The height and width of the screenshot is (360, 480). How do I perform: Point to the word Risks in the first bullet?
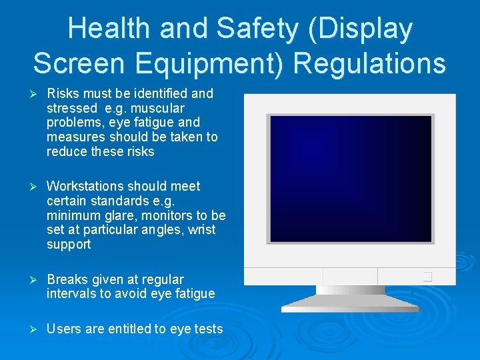63,93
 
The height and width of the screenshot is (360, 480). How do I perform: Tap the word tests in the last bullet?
207,329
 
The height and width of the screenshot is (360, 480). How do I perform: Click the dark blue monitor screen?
349,178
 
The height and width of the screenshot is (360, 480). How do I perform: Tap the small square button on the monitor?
427,276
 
